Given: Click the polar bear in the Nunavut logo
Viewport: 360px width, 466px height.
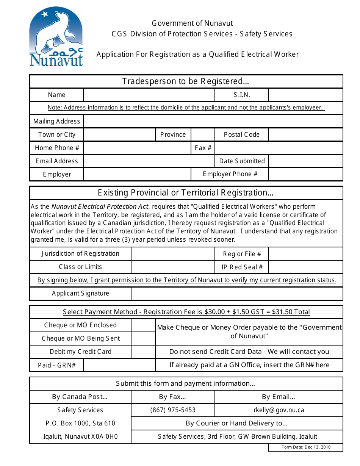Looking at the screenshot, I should click(57, 32).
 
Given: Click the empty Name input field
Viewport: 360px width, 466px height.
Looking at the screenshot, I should click(149, 95).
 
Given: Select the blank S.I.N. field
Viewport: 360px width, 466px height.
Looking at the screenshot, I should click(305, 95).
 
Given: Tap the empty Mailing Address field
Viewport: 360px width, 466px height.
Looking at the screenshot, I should click(213, 121).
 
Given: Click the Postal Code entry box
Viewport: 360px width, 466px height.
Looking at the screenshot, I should click(305, 134).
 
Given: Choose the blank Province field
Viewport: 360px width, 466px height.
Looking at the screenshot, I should click(203, 134).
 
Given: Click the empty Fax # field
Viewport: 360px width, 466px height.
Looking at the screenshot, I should click(279, 148).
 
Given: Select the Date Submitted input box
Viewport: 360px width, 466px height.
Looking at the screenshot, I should click(305, 161).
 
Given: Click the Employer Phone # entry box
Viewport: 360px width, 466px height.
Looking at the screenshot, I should click(305, 174).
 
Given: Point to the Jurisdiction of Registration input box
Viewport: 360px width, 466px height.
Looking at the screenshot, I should click(173, 254).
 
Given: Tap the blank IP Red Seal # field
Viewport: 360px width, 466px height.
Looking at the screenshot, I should click(305, 267).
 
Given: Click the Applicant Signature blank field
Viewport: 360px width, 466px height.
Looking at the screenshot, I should click(237, 294).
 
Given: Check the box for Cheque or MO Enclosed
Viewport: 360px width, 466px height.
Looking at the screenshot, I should click(143, 325).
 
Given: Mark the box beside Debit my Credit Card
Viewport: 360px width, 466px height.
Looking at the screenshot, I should click(143, 352).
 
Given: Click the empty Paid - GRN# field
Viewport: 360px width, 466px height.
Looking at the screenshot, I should click(119, 365).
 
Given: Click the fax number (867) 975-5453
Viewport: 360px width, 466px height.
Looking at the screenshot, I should click(173, 410).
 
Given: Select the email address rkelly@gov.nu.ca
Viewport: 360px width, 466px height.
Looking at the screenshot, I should click(279, 410).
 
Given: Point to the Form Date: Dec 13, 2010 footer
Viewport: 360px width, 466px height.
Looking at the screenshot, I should click(306, 447).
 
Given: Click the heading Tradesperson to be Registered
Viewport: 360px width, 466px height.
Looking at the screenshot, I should click(186, 81).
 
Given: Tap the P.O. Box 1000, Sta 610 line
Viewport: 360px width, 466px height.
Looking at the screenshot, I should click(80, 423).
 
